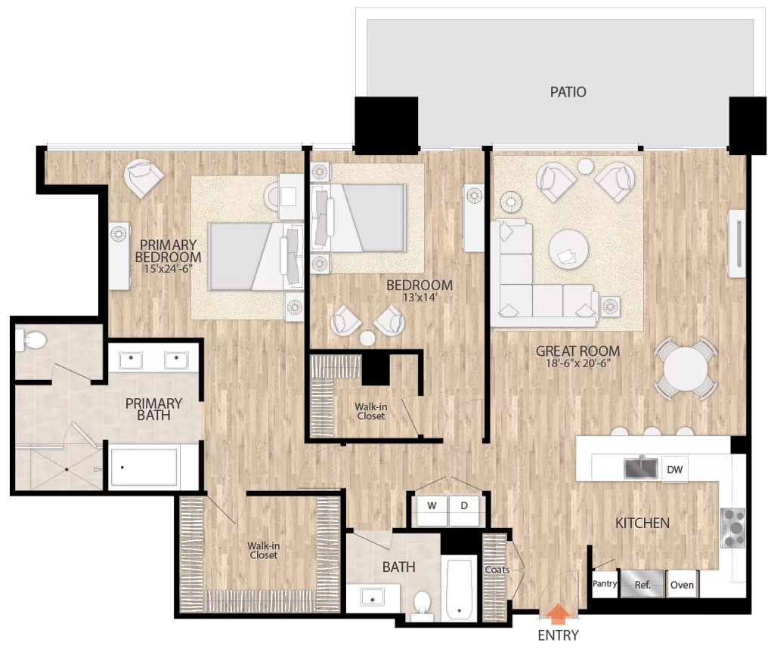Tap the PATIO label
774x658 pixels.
point(568,91)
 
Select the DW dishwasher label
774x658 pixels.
point(674,470)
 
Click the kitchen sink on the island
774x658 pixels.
point(641,468)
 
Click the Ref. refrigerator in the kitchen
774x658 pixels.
point(642,585)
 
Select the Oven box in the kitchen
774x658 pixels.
point(682,585)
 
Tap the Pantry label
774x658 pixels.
point(605,583)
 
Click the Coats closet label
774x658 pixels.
point(497,570)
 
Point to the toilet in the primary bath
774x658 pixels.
point(30,340)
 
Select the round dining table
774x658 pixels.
point(686,369)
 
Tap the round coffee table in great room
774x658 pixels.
point(568,249)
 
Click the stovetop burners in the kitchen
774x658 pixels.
point(733,528)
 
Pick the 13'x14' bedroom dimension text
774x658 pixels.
point(420,298)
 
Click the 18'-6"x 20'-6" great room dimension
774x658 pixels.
point(577,363)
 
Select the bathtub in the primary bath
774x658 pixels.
point(144,467)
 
